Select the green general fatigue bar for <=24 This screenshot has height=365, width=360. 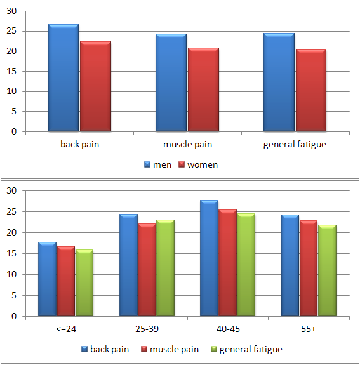click(x=84, y=283)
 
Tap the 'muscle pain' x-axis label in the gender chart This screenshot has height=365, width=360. click(x=187, y=144)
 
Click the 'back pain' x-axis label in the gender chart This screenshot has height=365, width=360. click(x=79, y=144)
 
